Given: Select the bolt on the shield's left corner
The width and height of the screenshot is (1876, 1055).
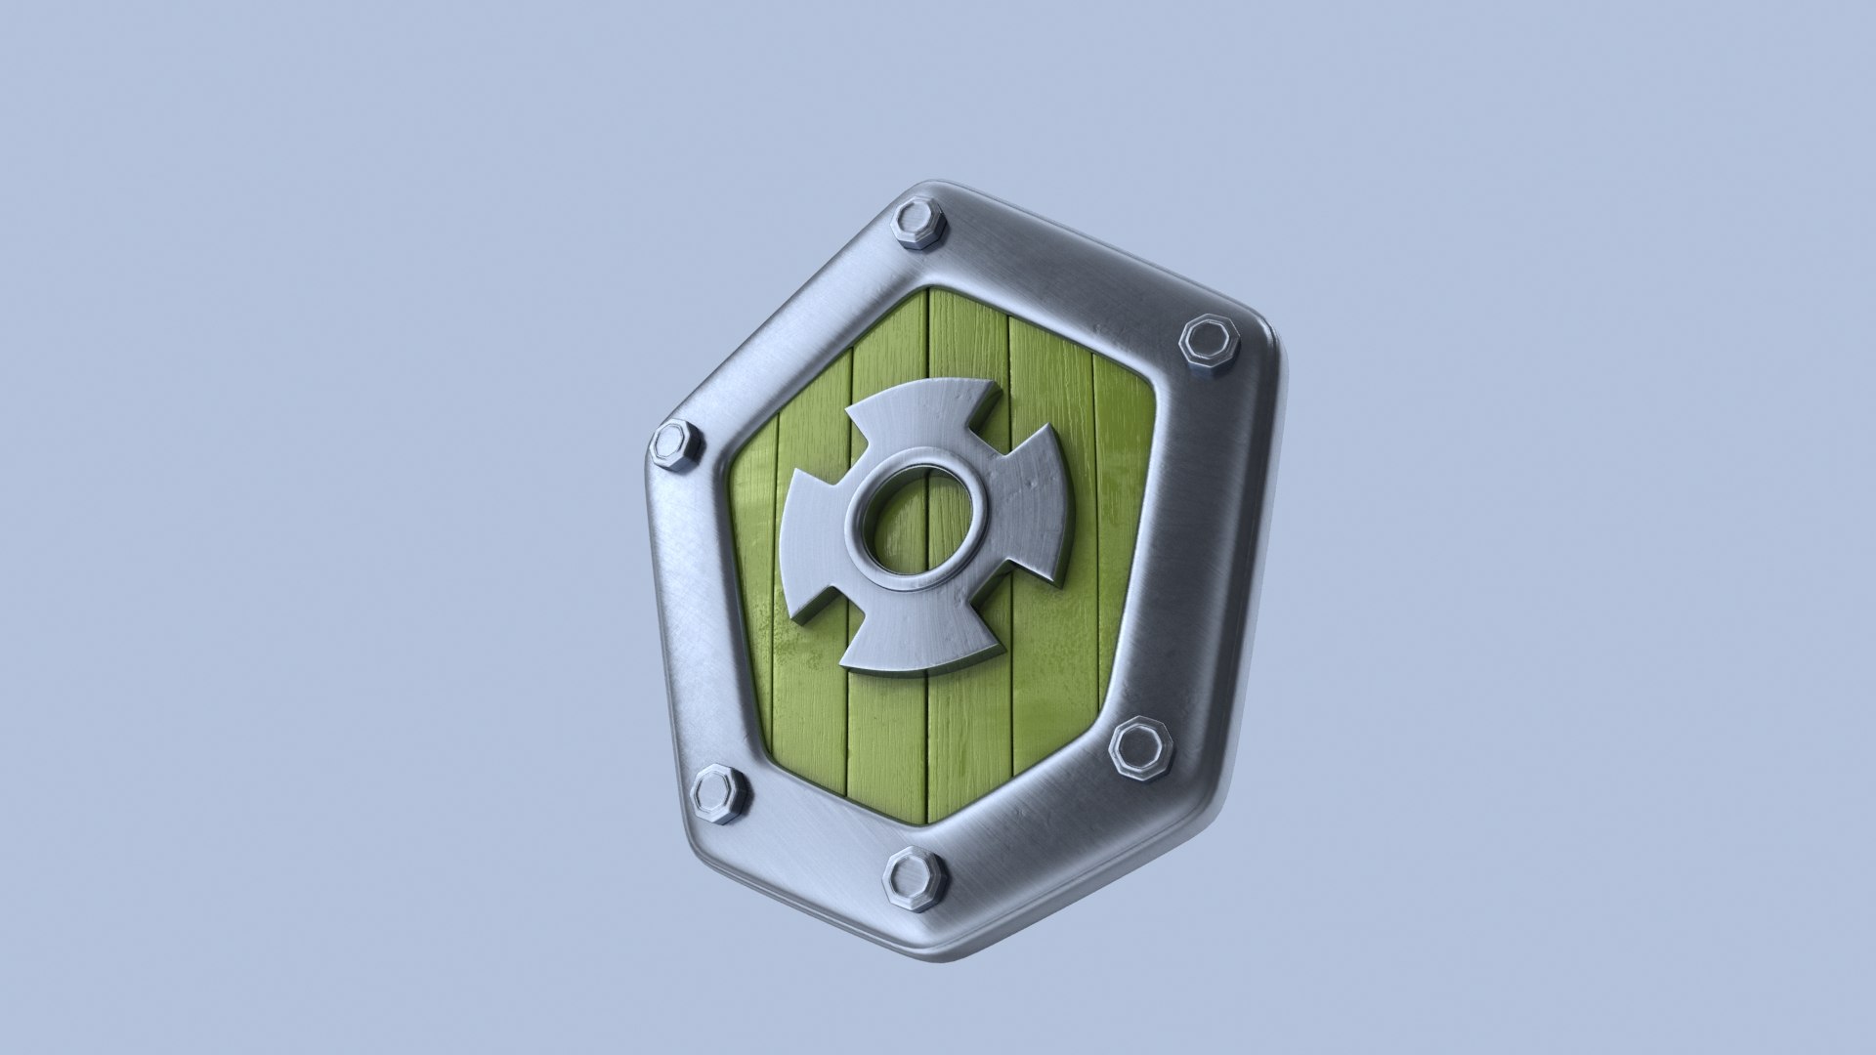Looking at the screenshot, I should click(676, 447).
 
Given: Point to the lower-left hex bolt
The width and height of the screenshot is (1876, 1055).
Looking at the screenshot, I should click(719, 795).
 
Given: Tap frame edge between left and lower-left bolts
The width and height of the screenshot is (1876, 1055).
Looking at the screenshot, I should click(690, 625).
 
